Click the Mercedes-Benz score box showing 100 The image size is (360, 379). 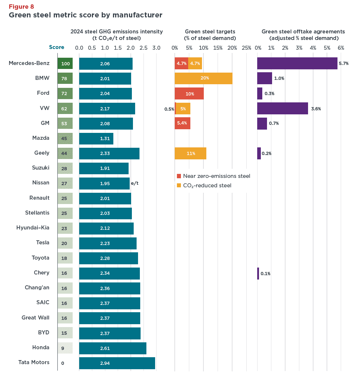tap(65, 64)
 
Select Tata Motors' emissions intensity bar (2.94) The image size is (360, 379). tap(117, 363)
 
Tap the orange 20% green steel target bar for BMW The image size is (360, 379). tap(203, 78)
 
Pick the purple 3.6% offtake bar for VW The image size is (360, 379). tap(282, 109)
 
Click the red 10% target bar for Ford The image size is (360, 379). tap(189, 94)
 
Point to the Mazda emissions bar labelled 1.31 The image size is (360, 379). tap(96, 138)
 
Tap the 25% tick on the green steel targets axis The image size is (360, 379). tap(246, 48)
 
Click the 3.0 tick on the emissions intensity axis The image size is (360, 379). tap(157, 48)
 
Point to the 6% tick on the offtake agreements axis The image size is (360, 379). tap(341, 48)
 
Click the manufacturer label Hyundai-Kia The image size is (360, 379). tap(33, 228)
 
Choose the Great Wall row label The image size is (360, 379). tap(35, 318)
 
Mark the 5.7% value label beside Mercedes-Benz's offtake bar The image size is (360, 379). tap(343, 64)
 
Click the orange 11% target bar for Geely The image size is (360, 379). tap(190, 154)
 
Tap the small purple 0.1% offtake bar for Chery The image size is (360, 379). tap(258, 273)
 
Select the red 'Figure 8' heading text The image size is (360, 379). tap(21, 7)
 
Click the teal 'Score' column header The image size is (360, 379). tap(57, 47)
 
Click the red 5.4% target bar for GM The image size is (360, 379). tap(182, 123)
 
